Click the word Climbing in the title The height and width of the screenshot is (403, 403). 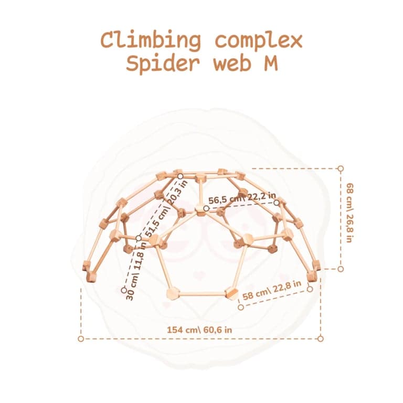(x=151, y=40)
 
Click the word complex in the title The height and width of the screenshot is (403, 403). (x=259, y=41)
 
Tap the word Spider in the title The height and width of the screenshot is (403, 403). (x=163, y=63)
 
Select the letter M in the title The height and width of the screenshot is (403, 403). (x=271, y=63)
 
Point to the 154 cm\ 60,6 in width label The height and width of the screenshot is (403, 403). (x=199, y=330)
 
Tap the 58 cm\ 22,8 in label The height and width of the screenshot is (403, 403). (x=272, y=290)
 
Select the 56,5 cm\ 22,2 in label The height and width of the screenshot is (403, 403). (x=242, y=198)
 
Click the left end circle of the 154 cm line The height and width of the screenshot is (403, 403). (x=81, y=339)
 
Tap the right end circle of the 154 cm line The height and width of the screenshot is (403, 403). (x=320, y=339)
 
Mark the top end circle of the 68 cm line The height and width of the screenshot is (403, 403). (x=341, y=168)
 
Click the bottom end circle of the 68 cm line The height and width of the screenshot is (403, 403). (x=341, y=269)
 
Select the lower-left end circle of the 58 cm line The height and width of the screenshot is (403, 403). (x=241, y=307)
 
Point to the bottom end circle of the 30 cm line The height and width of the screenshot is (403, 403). (x=124, y=290)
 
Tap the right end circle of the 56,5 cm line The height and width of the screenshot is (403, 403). (x=277, y=203)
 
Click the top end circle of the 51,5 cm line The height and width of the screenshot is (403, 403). (x=181, y=176)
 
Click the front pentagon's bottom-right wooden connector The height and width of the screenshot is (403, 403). (x=231, y=293)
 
